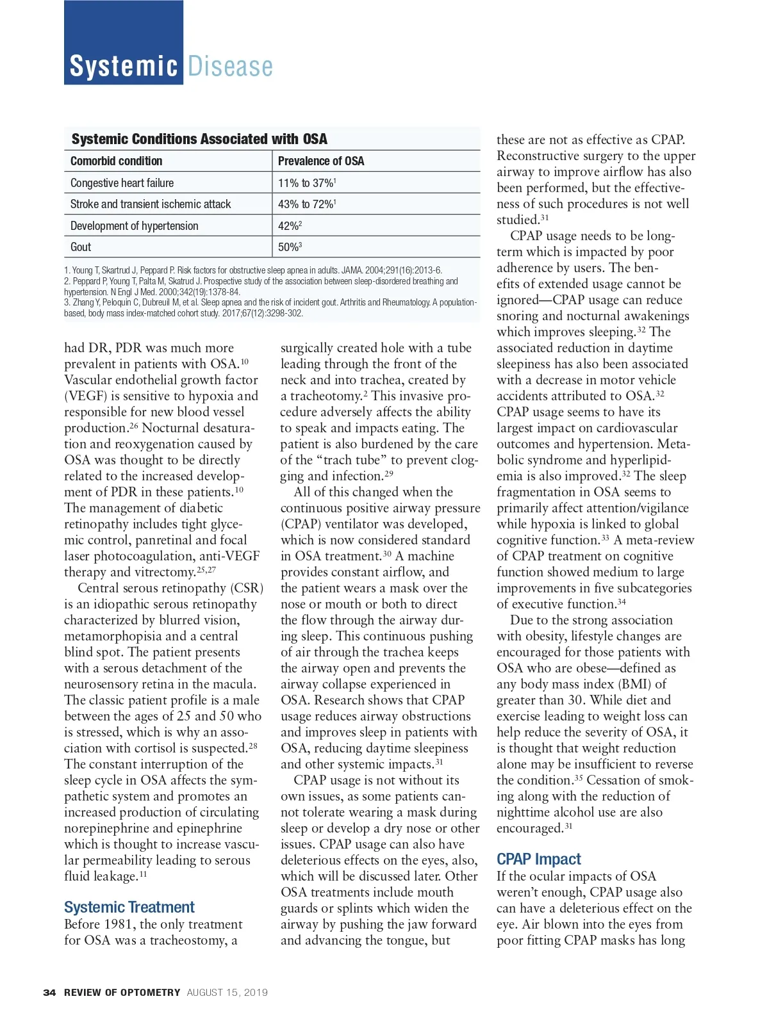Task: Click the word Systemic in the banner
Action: [123, 67]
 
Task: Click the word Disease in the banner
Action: [230, 67]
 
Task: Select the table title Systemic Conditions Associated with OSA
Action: [199, 139]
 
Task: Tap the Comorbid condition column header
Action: [116, 161]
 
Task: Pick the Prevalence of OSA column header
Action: [320, 161]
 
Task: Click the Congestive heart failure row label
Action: [122, 183]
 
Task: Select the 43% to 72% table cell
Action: [306, 204]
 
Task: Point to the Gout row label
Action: [81, 247]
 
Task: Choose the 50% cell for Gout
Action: [289, 247]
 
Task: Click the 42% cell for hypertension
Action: [289, 225]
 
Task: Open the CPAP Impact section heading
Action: [538, 859]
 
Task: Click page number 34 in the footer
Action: [49, 992]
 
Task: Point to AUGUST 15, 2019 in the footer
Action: [227, 992]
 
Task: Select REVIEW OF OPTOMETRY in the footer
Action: [122, 992]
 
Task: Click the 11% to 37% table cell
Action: [306, 183]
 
